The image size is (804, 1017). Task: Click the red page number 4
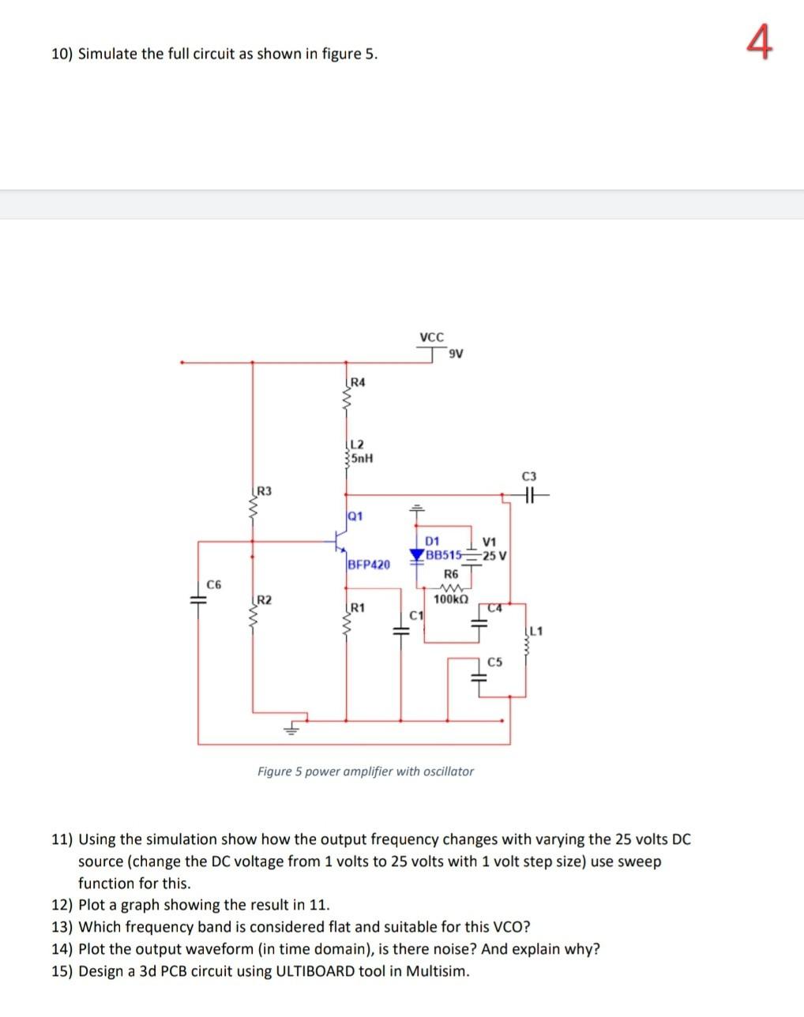click(x=759, y=43)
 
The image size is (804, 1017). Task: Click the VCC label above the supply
click(x=431, y=337)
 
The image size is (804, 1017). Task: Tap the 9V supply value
click(x=455, y=353)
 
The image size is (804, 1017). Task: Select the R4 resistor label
click(x=357, y=383)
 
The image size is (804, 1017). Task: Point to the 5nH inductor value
click(x=361, y=458)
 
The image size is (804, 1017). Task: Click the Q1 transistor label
click(x=355, y=516)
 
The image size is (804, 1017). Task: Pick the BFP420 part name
click(x=368, y=565)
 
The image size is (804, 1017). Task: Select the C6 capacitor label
click(x=214, y=584)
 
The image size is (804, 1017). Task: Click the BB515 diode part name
click(x=442, y=554)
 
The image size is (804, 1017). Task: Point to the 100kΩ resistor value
click(x=451, y=600)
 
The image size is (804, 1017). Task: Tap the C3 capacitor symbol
click(x=528, y=496)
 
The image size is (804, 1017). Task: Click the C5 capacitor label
click(x=494, y=662)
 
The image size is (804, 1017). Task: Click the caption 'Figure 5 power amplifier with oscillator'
click(x=366, y=771)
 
